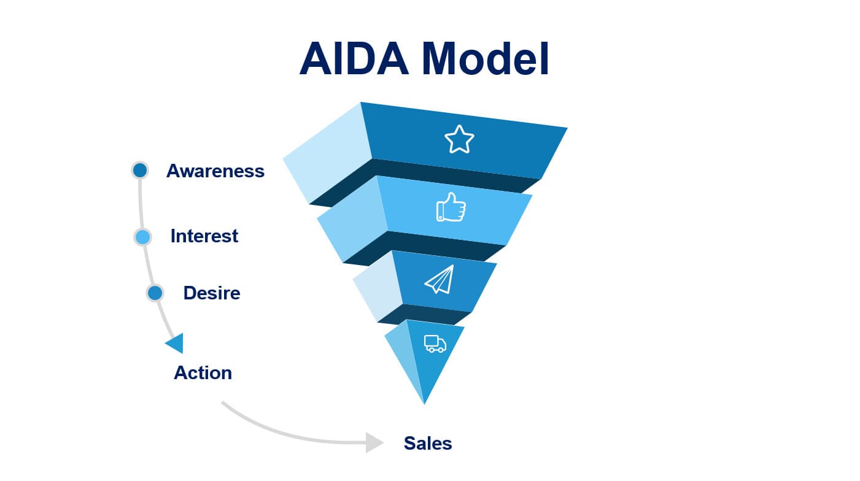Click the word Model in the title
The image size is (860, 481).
pos(488,59)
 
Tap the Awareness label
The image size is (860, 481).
pos(215,171)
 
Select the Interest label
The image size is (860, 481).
pos(204,236)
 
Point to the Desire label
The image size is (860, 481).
pos(212,293)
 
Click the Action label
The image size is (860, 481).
pos(203,372)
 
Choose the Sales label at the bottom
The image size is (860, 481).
pos(428,443)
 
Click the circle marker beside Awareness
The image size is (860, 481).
pos(140,170)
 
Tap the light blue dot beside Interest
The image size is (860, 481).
pos(142,237)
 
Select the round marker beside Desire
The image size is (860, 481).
pos(155,293)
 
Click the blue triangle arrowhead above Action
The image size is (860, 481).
pos(176,343)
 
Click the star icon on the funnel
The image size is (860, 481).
pos(459,139)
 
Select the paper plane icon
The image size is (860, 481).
pos(440,279)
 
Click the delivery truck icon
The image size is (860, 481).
pos(435,344)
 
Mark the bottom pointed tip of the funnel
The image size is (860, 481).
pos(424,402)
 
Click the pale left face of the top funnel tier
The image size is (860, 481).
pos(325,153)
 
